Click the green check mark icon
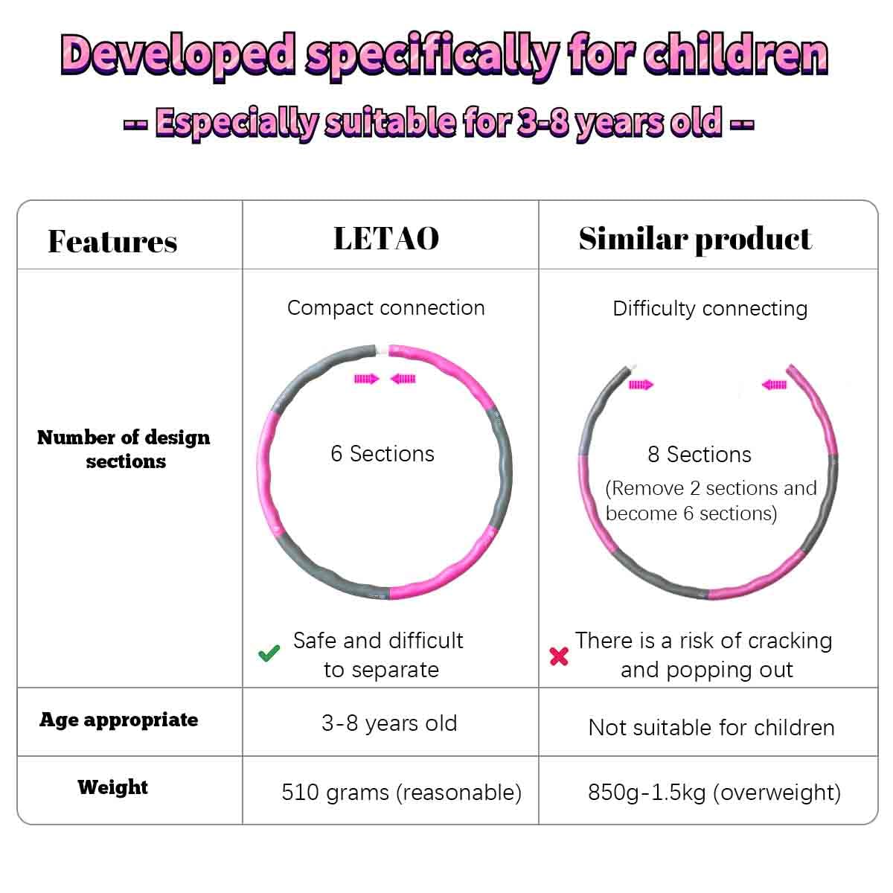[269, 654]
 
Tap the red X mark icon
[559, 656]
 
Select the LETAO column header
[386, 239]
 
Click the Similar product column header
[695, 239]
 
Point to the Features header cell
[112, 241]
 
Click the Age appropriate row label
[119, 720]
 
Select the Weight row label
[112, 787]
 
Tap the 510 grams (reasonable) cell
[401, 792]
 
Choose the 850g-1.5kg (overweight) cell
[714, 792]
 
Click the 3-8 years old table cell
[389, 723]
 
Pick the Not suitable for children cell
[711, 727]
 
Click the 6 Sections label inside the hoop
[383, 454]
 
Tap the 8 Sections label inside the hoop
[700, 455]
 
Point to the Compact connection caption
[385, 308]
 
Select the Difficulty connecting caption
[710, 309]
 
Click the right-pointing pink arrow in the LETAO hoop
[366, 379]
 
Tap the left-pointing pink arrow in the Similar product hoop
[774, 385]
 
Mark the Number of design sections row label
[124, 449]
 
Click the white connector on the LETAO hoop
[383, 350]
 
